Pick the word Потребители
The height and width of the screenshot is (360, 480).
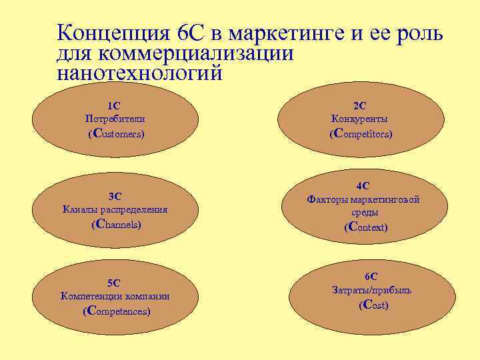(x=115, y=119)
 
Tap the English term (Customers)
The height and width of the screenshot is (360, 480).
(x=116, y=133)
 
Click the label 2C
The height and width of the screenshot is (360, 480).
(x=360, y=106)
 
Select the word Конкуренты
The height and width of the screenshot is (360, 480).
(x=360, y=119)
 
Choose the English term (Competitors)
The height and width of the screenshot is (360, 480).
(x=361, y=133)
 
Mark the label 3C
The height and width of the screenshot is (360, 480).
(x=115, y=196)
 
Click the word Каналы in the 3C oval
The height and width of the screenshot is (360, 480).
(x=79, y=209)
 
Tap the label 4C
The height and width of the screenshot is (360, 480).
(x=363, y=185)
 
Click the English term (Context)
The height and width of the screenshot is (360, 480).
(x=365, y=227)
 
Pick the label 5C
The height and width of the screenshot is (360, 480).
(x=115, y=283)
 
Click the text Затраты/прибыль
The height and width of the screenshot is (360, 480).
(x=371, y=290)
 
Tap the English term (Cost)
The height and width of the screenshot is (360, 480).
(x=373, y=305)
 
